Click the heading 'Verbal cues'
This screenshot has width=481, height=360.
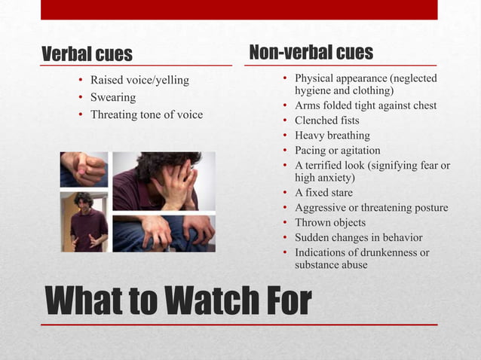87,54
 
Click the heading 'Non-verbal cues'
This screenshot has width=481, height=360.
311,52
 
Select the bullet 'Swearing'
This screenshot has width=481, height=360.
113,97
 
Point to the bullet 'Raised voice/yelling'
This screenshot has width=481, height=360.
139,80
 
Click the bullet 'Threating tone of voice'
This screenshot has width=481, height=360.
146,114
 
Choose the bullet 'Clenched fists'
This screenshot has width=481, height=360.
326,121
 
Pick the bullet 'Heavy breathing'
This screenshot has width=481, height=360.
332,136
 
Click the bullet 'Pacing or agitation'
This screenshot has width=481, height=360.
337,150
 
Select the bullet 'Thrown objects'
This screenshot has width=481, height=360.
329,222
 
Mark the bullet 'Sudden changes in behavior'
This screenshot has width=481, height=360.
358,237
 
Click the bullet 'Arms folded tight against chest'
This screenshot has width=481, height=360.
366,105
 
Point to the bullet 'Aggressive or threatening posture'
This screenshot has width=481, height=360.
371,208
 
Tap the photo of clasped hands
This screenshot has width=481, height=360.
84,169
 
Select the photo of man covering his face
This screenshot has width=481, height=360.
164,181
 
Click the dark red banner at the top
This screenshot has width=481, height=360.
239,9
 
